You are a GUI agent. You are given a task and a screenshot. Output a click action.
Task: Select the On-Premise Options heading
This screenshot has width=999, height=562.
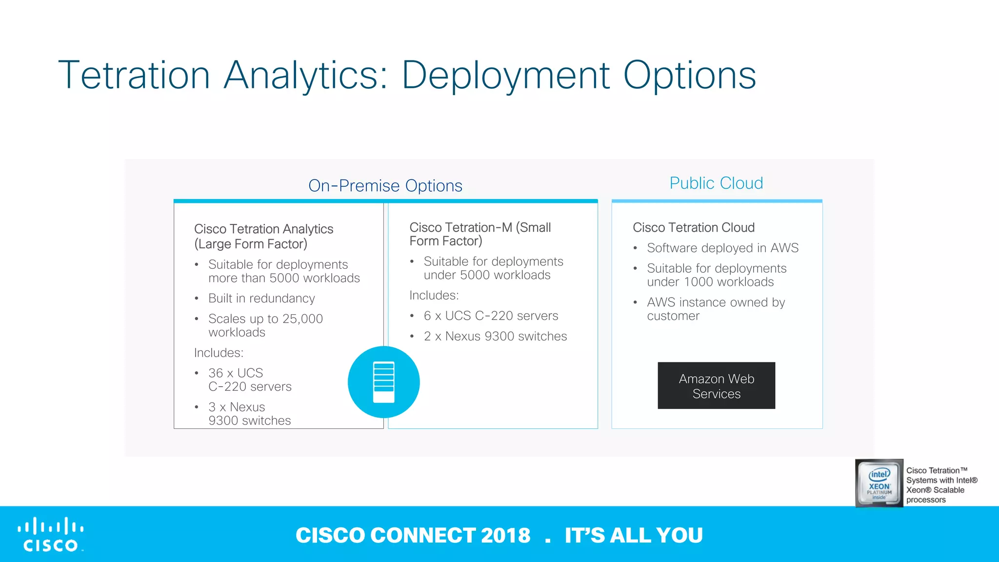[385, 186]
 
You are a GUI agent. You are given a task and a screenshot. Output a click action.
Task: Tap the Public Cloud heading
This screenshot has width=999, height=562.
[716, 183]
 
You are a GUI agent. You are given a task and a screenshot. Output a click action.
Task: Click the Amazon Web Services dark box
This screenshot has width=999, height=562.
[716, 385]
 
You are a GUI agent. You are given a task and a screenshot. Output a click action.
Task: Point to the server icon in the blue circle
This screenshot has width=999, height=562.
[383, 382]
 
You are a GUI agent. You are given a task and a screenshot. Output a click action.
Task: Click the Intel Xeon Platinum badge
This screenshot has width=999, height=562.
[879, 483]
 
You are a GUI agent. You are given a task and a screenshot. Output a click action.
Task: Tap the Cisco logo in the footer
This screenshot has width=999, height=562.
[51, 535]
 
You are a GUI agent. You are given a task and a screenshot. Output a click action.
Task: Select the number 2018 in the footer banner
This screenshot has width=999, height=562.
[505, 535]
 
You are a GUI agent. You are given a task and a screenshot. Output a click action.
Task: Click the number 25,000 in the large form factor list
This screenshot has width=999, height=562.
[302, 319]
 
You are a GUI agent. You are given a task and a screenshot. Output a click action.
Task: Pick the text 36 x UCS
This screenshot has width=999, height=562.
[236, 373]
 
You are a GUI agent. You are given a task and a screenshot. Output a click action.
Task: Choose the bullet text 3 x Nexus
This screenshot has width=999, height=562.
[237, 407]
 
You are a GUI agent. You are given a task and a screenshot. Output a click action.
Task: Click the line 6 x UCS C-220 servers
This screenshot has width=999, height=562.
[490, 316]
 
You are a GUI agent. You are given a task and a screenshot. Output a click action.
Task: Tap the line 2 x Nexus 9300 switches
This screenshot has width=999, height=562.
[495, 337]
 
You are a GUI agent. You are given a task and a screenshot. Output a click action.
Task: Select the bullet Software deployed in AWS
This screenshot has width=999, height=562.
[722, 248]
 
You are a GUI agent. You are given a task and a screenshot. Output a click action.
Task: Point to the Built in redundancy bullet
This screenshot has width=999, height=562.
[261, 299]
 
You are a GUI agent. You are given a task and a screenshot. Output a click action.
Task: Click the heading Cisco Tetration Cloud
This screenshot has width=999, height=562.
[693, 228]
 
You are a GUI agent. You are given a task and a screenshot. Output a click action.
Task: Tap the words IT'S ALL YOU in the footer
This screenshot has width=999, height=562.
[634, 535]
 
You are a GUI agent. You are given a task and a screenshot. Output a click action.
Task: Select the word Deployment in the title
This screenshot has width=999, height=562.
[505, 75]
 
